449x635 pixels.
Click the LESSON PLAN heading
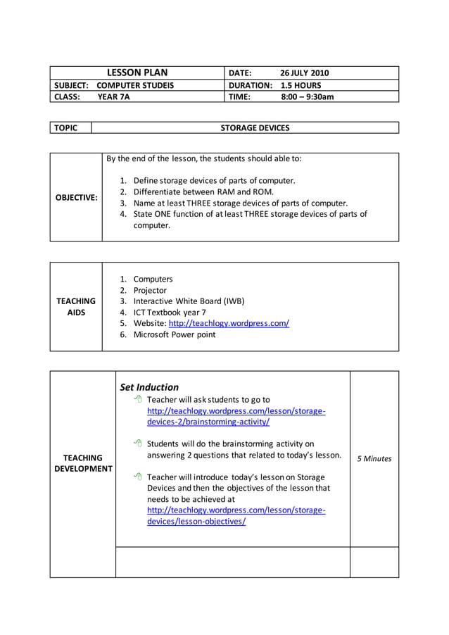click(x=137, y=73)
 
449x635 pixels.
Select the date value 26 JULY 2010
click(x=304, y=73)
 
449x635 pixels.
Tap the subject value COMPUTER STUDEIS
click(x=135, y=85)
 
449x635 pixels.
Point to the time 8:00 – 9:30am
click(x=307, y=97)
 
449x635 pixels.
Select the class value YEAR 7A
click(x=113, y=97)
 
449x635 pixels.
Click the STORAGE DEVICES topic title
click(x=255, y=127)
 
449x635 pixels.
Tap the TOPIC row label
click(x=65, y=127)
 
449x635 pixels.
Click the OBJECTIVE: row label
click(x=76, y=197)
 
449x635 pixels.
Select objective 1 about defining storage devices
click(x=214, y=180)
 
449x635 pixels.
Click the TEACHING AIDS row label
click(x=76, y=306)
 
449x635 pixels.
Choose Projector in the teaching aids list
click(x=150, y=290)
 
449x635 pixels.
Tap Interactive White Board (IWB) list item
click(x=189, y=301)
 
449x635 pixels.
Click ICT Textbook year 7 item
click(x=170, y=312)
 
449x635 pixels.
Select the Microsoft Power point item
click(x=175, y=334)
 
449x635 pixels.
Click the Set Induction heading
click(x=149, y=386)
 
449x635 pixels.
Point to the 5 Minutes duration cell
click(x=374, y=458)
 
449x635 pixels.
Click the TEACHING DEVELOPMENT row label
click(x=83, y=463)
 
